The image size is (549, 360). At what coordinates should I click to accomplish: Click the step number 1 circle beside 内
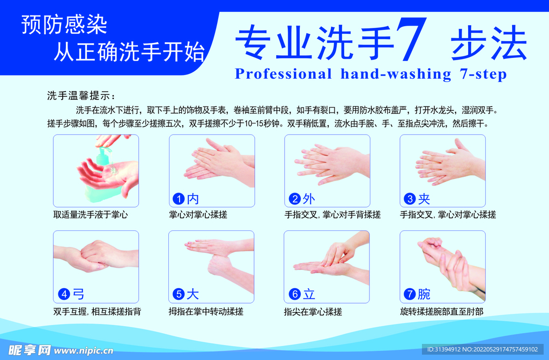tap(178, 199)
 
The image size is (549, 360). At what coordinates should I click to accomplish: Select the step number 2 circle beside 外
tap(294, 199)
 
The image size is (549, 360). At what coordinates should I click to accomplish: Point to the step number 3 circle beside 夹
tap(410, 199)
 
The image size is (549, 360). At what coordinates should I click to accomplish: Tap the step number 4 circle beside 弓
tap(64, 294)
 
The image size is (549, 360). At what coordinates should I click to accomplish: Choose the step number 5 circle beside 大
tap(179, 294)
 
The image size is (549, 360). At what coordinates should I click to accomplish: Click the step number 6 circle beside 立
tap(294, 294)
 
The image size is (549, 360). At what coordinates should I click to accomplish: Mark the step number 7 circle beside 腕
tap(410, 294)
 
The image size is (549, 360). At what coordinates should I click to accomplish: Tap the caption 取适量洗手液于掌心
tap(91, 215)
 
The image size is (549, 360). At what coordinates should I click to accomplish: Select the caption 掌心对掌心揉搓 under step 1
tap(198, 215)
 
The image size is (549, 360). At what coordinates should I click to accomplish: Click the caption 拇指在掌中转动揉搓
tap(206, 311)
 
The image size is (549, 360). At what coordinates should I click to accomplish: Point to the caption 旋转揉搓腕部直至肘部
tap(441, 311)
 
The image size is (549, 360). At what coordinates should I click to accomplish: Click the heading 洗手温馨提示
tap(81, 96)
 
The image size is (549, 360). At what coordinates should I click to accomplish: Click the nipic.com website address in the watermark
tap(84, 350)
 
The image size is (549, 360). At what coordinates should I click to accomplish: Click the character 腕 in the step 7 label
tap(424, 294)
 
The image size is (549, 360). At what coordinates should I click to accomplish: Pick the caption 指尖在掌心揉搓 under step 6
tap(313, 311)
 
